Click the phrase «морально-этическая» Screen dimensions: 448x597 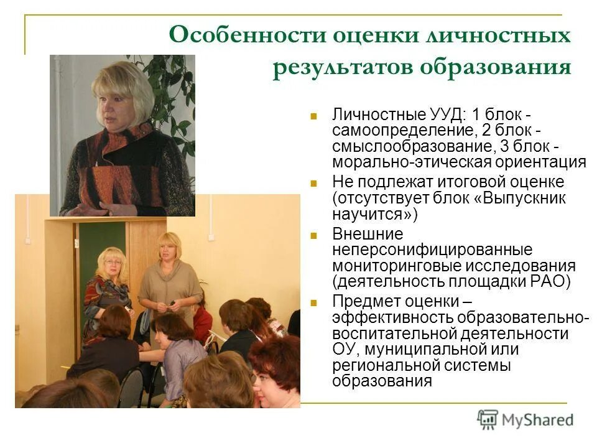pyautogui.click(x=412, y=162)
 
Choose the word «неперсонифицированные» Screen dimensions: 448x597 pyautogui.click(x=432, y=250)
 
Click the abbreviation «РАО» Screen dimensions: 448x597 pyautogui.click(x=548, y=281)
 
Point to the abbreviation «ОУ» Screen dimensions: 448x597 pyautogui.click(x=343, y=349)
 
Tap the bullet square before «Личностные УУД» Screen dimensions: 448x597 pyautogui.click(x=314, y=116)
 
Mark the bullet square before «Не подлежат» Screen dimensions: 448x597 pyautogui.click(x=314, y=183)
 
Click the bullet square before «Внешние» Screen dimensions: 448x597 pyautogui.click(x=314, y=235)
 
